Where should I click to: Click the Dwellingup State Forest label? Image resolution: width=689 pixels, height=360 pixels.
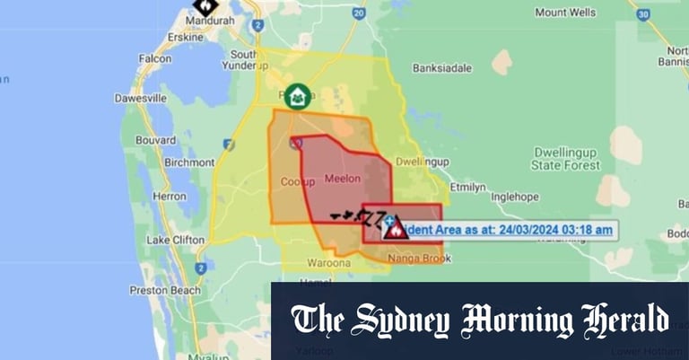[571, 158]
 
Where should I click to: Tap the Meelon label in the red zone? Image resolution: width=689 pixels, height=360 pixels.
[341, 179]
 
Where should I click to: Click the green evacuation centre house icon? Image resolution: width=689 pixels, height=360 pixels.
[299, 94]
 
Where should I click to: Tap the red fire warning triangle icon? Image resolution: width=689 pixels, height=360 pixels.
[395, 229]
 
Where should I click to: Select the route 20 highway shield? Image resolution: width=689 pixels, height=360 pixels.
[359, 13]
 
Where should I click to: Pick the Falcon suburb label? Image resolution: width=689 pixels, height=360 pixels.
[154, 59]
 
